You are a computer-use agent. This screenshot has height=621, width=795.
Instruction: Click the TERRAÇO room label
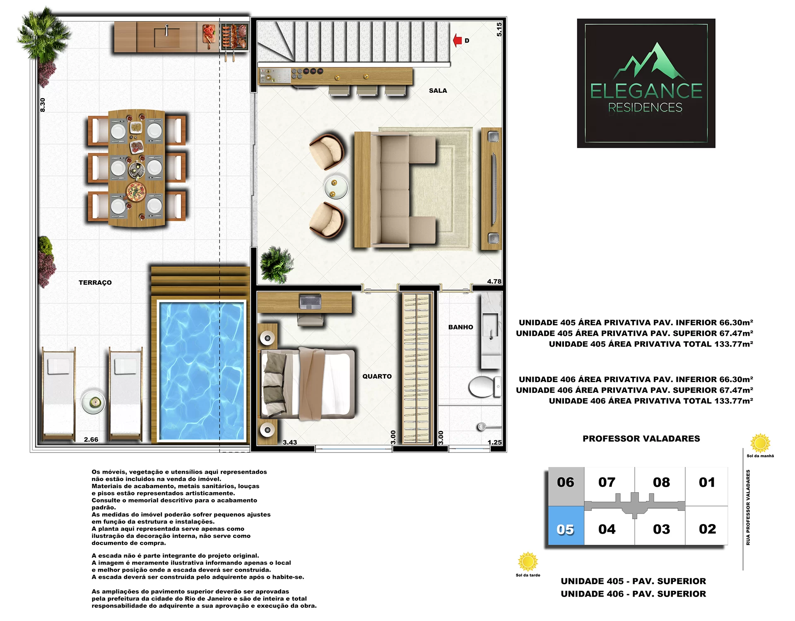point(95,282)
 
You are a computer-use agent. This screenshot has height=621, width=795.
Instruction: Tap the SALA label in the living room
point(438,91)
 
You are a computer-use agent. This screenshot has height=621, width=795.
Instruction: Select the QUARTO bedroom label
point(377,376)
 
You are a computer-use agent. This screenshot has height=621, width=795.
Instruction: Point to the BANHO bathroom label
point(460,327)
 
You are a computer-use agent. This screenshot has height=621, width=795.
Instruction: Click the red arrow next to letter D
point(458,40)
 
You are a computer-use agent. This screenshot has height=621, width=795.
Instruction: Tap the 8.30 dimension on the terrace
point(43,105)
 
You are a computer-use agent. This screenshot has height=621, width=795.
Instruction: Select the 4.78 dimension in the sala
point(494,282)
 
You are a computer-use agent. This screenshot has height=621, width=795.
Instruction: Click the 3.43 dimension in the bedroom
point(290,442)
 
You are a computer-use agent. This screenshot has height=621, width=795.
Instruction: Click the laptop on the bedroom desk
point(310,302)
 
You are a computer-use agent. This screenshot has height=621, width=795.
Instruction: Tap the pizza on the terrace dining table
point(136,192)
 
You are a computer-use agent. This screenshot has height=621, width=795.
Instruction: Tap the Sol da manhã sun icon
point(760,443)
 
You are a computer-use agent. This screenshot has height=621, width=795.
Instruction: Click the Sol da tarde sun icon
point(528,562)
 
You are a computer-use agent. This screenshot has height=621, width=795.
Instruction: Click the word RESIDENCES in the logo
point(645,108)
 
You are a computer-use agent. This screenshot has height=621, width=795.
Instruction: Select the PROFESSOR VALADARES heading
point(641,438)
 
